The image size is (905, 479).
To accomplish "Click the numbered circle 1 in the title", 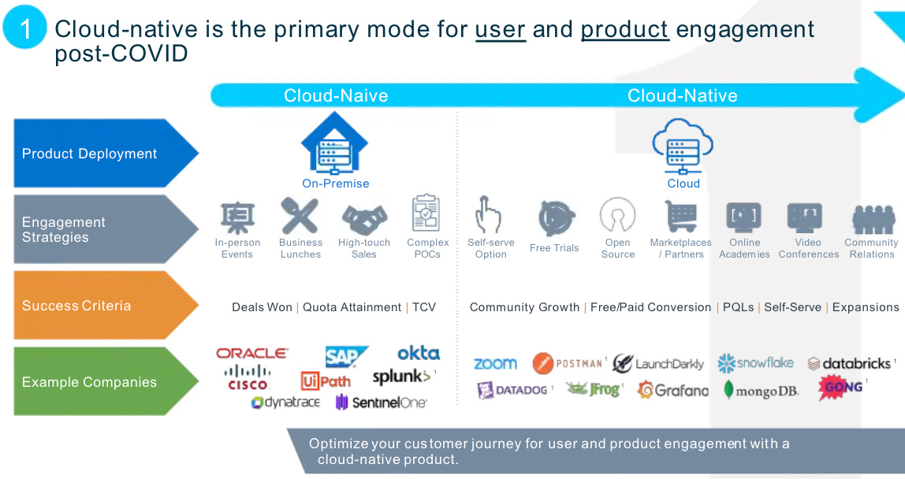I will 24,28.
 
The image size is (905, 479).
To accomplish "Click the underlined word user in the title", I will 500,29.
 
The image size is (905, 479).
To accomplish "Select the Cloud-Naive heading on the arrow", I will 336,96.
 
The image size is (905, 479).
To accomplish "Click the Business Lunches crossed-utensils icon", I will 300,216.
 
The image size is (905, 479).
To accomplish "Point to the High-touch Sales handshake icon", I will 363,217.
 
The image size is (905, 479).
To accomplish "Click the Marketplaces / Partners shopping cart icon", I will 680,216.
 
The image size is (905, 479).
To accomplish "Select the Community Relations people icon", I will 872,217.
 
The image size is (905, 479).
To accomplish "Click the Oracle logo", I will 252,354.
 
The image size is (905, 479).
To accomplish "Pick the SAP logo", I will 345,356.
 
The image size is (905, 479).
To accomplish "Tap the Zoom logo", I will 495,363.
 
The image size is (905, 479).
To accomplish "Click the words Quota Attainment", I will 352,307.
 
